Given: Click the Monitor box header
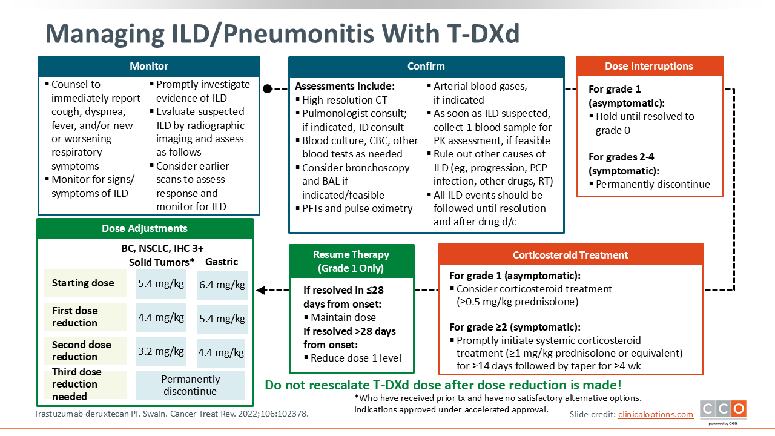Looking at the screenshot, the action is pyautogui.click(x=149, y=66).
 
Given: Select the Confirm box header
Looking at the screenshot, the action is pyautogui.click(x=426, y=66).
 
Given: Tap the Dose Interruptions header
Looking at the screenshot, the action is pyautogui.click(x=649, y=66).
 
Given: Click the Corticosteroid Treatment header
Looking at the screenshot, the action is pyautogui.click(x=570, y=255).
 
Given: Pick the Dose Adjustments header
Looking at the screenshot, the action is pyautogui.click(x=145, y=228).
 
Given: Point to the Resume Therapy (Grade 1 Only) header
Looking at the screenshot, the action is pyautogui.click(x=351, y=261).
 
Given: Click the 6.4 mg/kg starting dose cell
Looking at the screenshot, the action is pyautogui.click(x=222, y=285).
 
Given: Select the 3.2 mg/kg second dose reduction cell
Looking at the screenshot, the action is pyautogui.click(x=161, y=352).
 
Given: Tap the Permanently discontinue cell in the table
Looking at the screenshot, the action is pyautogui.click(x=190, y=385).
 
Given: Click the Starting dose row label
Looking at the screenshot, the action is pyautogui.click(x=83, y=283).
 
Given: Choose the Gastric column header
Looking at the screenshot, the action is pyautogui.click(x=222, y=262).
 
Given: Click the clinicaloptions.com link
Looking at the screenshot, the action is pyautogui.click(x=656, y=414).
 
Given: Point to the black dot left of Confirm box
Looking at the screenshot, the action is pyautogui.click(x=268, y=89).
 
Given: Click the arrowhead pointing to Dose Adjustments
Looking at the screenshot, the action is pyautogui.click(x=261, y=290).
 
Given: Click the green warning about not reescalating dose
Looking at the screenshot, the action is pyautogui.click(x=443, y=385).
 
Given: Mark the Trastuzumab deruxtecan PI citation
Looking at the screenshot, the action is pyautogui.click(x=171, y=414).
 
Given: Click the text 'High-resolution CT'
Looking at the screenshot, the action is pyautogui.click(x=345, y=100).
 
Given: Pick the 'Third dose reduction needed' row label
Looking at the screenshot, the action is pyautogui.click(x=77, y=384).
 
